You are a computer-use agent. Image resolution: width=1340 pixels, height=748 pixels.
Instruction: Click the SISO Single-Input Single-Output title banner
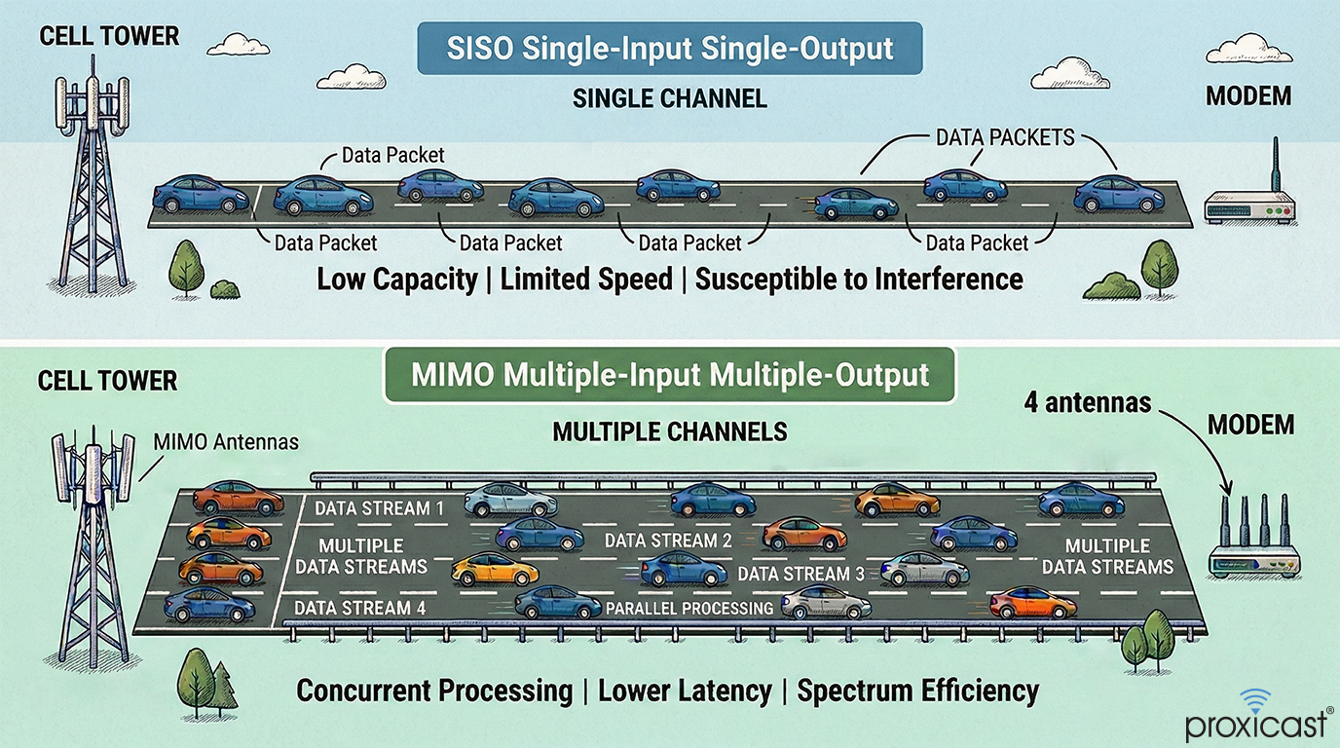[x=670, y=50]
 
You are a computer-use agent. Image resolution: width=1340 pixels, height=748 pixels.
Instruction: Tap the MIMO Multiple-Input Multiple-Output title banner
[x=670, y=375]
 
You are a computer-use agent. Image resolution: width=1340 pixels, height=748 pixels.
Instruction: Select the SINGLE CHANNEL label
[x=669, y=98]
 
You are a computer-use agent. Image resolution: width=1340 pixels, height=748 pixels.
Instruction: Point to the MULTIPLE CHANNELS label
[x=669, y=430]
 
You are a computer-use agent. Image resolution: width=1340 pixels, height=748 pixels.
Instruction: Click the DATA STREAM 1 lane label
[x=379, y=507]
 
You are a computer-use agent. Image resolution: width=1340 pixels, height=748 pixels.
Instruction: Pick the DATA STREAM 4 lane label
[x=353, y=608]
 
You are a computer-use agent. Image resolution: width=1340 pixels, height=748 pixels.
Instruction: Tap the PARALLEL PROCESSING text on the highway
[x=689, y=609]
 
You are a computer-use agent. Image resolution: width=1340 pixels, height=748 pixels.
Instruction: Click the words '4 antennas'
[x=1088, y=401]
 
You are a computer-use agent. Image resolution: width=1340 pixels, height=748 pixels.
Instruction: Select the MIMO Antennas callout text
[x=226, y=443]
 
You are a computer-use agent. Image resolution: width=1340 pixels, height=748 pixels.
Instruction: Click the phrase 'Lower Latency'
[x=685, y=692]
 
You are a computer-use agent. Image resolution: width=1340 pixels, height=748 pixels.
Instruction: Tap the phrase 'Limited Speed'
[x=586, y=280]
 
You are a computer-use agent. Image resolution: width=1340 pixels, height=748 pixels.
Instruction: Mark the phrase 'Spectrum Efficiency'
[x=917, y=692]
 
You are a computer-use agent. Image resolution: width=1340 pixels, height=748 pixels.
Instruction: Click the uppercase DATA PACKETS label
[x=1005, y=137]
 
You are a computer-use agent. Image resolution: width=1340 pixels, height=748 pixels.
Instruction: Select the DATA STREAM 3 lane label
[x=800, y=574]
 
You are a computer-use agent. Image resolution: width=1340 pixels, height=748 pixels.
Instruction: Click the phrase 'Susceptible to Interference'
[x=859, y=280]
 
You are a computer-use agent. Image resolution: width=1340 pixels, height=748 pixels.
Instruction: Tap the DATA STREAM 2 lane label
[x=668, y=541]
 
